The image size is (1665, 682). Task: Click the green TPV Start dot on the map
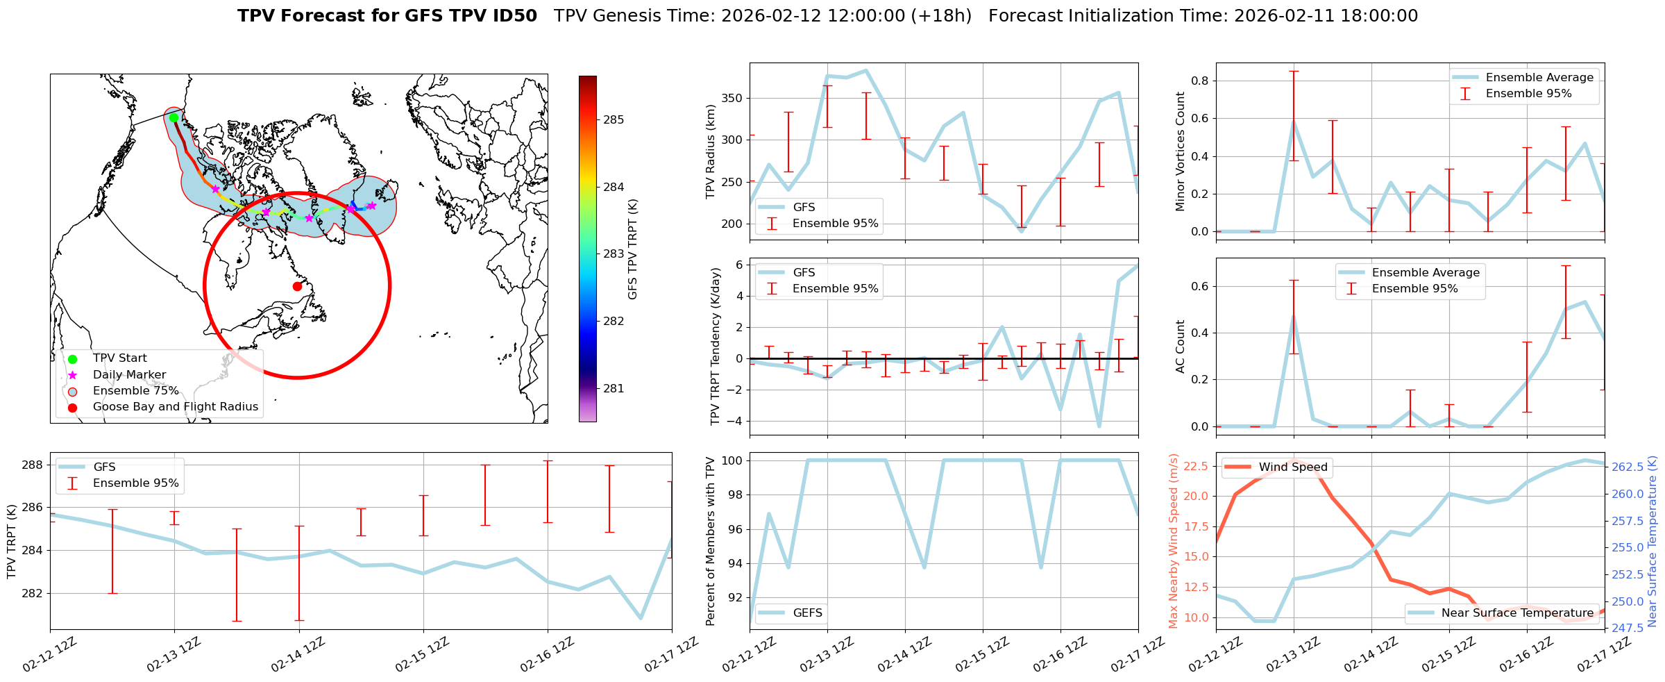(x=174, y=117)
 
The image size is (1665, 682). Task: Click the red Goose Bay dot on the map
(x=297, y=286)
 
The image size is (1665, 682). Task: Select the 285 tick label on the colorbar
(x=613, y=120)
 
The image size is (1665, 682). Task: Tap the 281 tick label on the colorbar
(x=613, y=389)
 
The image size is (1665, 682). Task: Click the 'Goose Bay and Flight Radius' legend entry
(x=175, y=407)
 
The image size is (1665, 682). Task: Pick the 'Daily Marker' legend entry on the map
(x=129, y=375)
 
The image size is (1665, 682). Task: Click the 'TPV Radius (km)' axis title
(x=710, y=151)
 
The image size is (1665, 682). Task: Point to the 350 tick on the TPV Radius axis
(x=733, y=99)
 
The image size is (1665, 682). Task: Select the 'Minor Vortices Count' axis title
(x=1180, y=151)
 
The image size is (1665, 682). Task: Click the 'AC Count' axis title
(x=1180, y=347)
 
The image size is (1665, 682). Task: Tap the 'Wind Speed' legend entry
(x=1292, y=467)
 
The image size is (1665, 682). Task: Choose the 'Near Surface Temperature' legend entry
(x=1517, y=613)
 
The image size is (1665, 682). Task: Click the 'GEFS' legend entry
(x=807, y=613)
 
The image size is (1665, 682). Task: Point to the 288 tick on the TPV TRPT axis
(x=33, y=465)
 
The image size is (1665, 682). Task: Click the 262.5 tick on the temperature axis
(x=1627, y=467)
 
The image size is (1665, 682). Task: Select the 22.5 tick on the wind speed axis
(x=1194, y=466)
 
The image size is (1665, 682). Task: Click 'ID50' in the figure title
(x=514, y=16)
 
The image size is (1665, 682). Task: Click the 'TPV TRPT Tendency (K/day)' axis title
(x=716, y=347)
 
